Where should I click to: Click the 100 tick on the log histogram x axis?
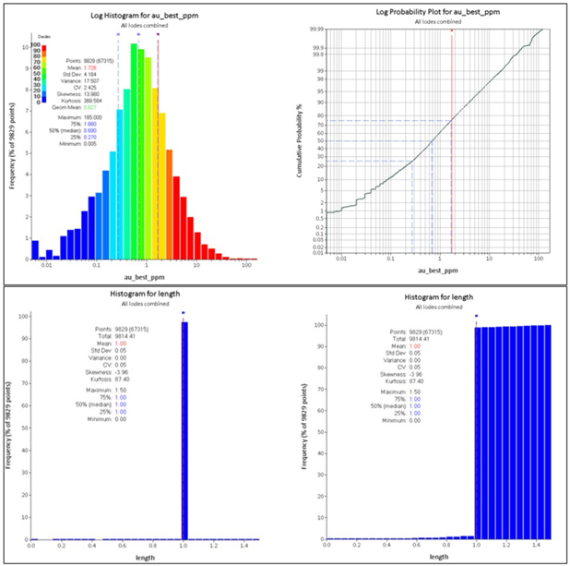[246, 266]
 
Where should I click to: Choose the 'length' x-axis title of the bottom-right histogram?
[440, 557]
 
